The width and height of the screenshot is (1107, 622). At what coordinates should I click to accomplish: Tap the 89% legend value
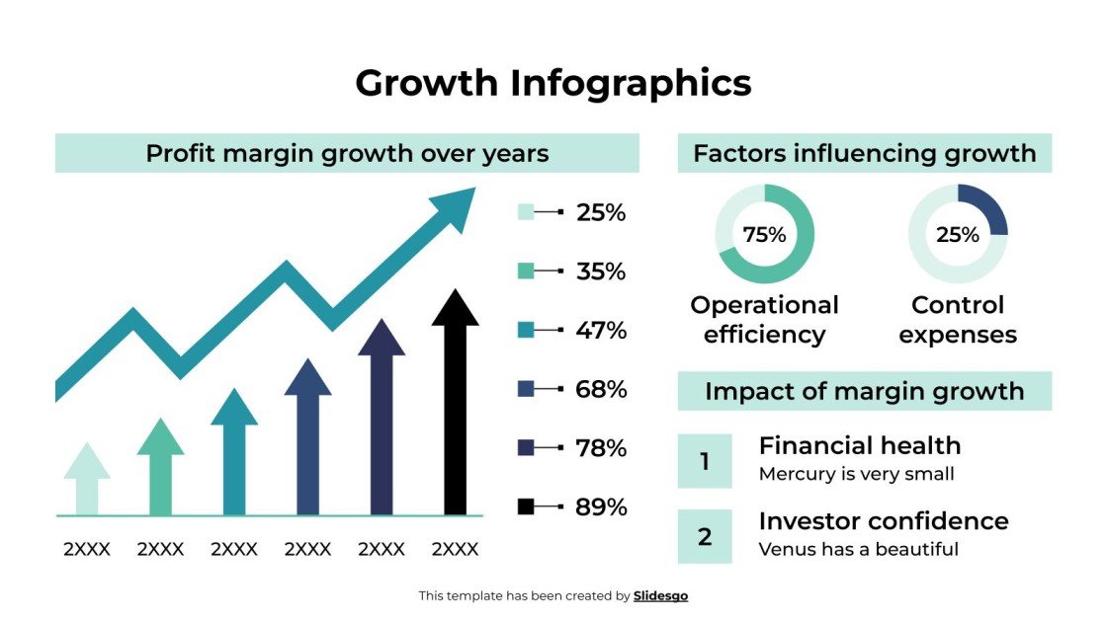pos(601,507)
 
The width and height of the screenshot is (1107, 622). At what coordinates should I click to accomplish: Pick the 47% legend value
pos(601,330)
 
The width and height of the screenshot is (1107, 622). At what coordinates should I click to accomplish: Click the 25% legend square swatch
pos(526,212)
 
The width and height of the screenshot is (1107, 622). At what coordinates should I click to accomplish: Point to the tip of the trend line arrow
pos(472,194)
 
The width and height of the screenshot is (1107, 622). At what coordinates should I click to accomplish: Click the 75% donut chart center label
pos(764,235)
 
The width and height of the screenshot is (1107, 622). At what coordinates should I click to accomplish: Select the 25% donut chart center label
pos(958,235)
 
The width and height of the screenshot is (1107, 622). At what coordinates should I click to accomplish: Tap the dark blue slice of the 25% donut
pos(989,208)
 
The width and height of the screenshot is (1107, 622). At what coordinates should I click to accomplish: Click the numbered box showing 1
pos(705,461)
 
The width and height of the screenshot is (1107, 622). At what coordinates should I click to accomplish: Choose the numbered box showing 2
pos(705,537)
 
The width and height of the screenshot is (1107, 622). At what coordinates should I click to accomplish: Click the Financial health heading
pos(859,445)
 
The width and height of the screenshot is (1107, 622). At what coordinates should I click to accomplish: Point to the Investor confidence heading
pos(883,521)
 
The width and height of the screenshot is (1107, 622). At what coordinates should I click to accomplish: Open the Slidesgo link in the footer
pos(660,595)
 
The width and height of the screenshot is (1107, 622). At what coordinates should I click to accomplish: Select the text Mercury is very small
pos(856,474)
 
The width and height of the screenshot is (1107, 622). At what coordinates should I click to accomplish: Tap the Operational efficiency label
pos(764,319)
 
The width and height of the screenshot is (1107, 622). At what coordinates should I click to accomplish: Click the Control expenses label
pos(958,319)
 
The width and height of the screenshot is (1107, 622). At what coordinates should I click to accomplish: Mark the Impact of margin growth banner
pos(864,391)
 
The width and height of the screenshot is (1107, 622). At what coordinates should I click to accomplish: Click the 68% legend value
pos(601,389)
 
